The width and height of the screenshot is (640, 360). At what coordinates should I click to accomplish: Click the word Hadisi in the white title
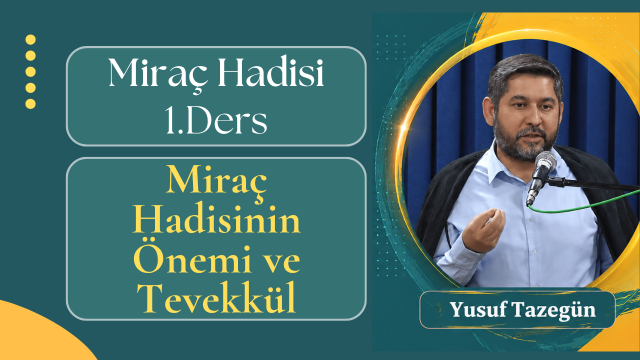click(271, 72)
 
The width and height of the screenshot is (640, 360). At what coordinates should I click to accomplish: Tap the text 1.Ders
click(216, 119)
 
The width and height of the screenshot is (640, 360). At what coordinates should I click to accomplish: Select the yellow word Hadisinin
click(216, 223)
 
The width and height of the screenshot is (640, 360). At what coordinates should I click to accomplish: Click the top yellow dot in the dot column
click(30, 39)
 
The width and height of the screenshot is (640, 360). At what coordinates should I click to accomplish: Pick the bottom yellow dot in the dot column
click(30, 103)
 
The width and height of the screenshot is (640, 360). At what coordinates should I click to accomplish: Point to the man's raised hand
click(483, 229)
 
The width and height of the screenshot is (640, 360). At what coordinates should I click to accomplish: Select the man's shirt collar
click(503, 165)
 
